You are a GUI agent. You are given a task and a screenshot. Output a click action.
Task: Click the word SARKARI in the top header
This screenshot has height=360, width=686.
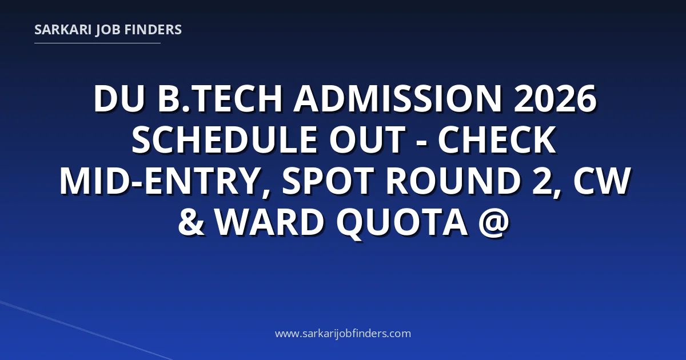tap(63, 30)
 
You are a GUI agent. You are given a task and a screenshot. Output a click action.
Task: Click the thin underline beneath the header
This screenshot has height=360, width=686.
tap(97, 43)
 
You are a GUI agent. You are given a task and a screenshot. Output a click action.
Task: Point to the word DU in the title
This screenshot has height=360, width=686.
tap(119, 99)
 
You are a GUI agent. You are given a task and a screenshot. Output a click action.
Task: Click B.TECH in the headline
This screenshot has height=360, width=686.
tap(220, 99)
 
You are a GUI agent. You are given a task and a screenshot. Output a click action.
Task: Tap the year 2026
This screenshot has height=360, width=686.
tap(555, 99)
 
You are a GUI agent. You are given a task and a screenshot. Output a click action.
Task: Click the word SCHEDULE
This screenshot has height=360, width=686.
tap(224, 139)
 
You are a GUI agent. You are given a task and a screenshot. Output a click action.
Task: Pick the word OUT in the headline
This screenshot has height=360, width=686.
tap(368, 139)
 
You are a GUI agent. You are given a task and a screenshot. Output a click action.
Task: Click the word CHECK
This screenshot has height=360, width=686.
tap(497, 139)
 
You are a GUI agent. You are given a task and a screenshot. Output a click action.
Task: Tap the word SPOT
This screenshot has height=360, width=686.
tap(327, 181)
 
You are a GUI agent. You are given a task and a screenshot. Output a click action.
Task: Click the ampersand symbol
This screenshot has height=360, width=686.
tap(191, 221)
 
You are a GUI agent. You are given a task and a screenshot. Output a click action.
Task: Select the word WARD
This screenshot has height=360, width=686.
tap(269, 221)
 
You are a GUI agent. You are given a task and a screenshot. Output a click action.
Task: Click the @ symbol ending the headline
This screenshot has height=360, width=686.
tap(493, 222)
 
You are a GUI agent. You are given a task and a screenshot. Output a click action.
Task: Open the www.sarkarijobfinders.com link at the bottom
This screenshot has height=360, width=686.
tap(343, 334)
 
